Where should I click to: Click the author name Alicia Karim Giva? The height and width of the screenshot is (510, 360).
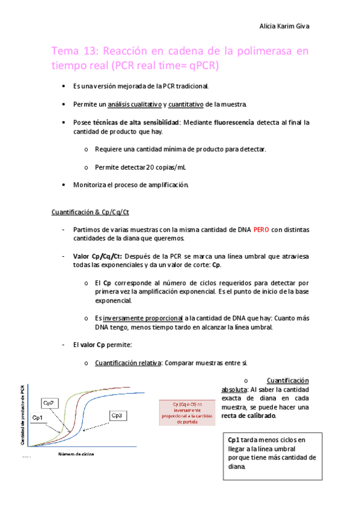pos(283,26)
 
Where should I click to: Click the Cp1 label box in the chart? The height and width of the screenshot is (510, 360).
pos(37,417)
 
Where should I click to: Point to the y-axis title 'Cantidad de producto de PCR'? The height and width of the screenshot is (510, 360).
pos(23,414)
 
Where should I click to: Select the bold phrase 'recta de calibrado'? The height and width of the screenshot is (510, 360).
pos(249,416)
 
